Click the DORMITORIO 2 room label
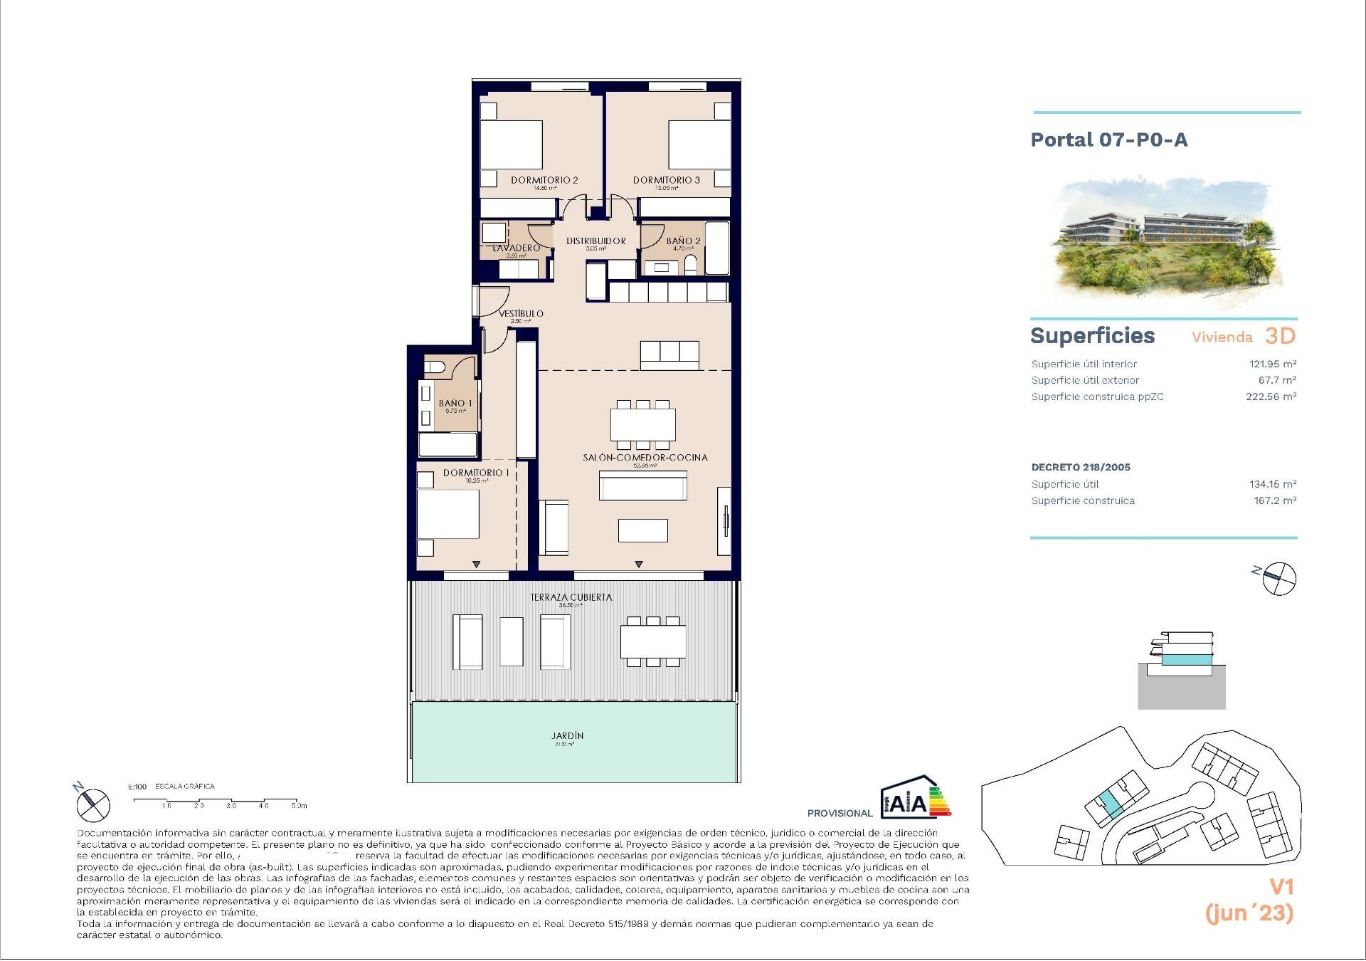(x=544, y=180)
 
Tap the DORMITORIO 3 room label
(x=667, y=180)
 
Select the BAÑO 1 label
(x=455, y=404)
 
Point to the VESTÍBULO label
(x=521, y=313)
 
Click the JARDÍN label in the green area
(x=567, y=736)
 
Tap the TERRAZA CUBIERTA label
(x=571, y=597)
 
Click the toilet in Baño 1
(x=434, y=367)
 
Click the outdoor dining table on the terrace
(x=653, y=641)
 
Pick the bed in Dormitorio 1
(x=448, y=514)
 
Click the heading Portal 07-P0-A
(x=1108, y=140)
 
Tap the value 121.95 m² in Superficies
(x=1272, y=364)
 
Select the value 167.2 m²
(x=1274, y=500)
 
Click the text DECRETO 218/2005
(x=1080, y=468)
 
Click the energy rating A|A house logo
(x=914, y=799)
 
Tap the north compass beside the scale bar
(x=92, y=804)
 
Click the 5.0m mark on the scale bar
(x=298, y=806)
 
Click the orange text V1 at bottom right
(x=1281, y=887)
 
